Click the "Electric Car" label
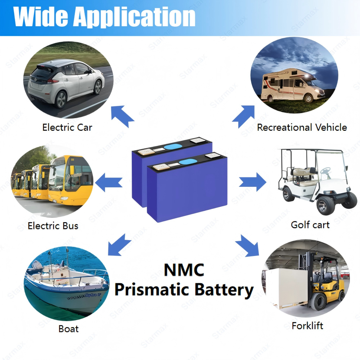tap(67, 127)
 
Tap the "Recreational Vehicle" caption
tap(302, 127)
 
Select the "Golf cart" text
tap(310, 225)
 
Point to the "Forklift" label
tap(307, 326)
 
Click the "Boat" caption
tap(68, 329)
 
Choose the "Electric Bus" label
tap(53, 226)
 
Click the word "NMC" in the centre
tap(184, 270)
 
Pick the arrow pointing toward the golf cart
tap(252, 182)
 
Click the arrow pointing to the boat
tap(119, 244)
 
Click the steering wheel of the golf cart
tap(326, 169)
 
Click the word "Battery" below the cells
tap(221, 290)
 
